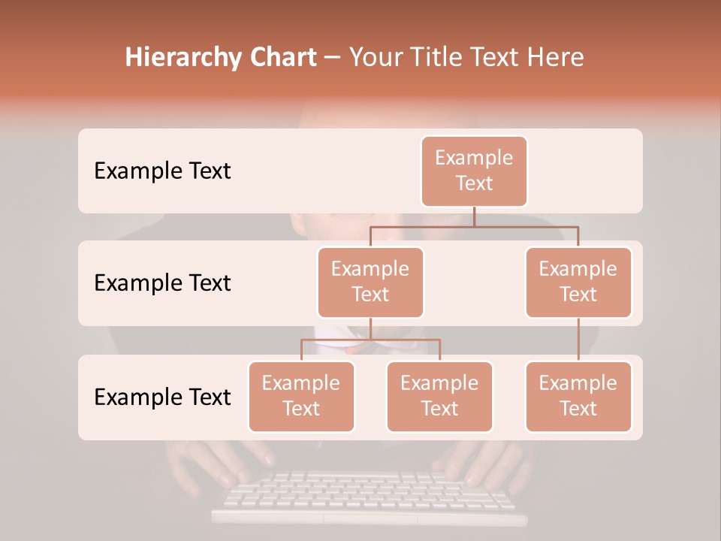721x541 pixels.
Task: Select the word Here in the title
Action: (x=556, y=57)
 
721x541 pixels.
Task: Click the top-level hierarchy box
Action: (x=474, y=171)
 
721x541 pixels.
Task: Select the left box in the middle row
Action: (x=370, y=282)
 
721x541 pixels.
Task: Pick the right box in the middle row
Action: (x=578, y=282)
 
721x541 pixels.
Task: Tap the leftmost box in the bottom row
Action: (x=301, y=396)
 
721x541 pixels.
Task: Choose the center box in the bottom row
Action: (x=439, y=396)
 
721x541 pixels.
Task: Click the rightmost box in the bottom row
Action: (x=578, y=396)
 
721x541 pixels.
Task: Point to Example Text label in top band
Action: (x=162, y=171)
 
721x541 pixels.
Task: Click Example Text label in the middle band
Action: (x=162, y=283)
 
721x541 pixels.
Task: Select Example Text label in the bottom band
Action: (x=162, y=397)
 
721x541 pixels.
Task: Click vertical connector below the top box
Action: (x=474, y=216)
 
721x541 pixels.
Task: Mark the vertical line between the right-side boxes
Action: (x=578, y=340)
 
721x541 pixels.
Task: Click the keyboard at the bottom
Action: (x=368, y=496)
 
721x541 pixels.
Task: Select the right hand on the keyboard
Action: (x=488, y=462)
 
